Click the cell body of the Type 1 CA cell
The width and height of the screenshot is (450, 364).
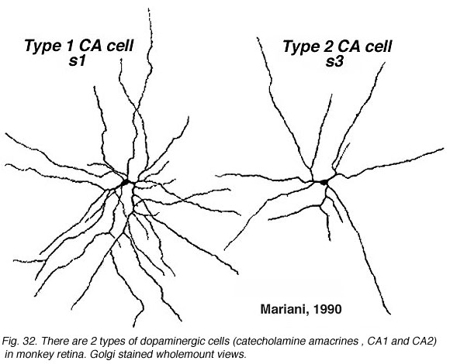pos(126,182)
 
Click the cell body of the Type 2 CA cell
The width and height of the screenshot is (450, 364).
pos(324,182)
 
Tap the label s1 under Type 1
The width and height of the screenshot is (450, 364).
pos(78,61)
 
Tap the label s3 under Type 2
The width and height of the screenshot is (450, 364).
pos(334,62)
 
